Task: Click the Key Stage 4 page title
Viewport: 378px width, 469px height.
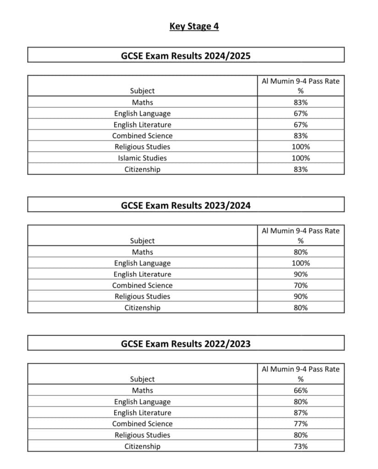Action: click(x=194, y=26)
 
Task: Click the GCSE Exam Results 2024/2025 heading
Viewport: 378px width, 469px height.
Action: click(x=186, y=56)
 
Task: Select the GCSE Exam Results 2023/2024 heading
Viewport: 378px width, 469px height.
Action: click(x=186, y=205)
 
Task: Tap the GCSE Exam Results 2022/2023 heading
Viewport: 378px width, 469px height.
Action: click(x=186, y=344)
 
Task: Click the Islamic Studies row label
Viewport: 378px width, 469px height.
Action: click(x=142, y=158)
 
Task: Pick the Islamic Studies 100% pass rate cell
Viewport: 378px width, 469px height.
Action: click(x=301, y=158)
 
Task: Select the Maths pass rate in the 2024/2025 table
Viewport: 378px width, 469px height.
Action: click(x=301, y=103)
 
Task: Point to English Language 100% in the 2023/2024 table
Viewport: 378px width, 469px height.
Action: click(x=301, y=263)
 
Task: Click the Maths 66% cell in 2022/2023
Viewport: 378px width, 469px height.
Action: click(x=301, y=391)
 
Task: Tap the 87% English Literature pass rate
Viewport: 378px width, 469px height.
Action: click(x=301, y=413)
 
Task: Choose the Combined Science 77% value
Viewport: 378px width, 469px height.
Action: click(x=301, y=424)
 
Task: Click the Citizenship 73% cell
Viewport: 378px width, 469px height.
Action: click(x=301, y=446)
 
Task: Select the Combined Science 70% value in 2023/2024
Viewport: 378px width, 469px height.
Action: click(x=301, y=285)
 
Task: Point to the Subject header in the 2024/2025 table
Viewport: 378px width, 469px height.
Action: click(x=142, y=91)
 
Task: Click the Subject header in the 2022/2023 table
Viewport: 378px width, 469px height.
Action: click(x=142, y=379)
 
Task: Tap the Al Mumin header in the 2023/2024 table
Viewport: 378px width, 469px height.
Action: click(x=301, y=231)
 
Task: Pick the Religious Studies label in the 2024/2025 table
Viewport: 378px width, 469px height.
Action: click(x=142, y=147)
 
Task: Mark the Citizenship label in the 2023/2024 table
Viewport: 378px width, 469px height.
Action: click(x=142, y=308)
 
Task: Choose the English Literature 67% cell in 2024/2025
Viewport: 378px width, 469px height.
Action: click(x=301, y=125)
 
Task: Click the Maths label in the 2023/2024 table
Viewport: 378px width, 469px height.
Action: click(x=142, y=252)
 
